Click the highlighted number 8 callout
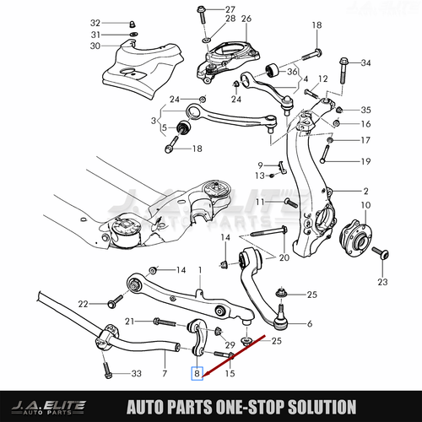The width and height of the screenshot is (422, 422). point(197,372)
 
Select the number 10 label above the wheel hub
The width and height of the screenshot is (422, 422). point(365,205)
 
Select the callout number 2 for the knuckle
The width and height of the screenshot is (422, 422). point(366,191)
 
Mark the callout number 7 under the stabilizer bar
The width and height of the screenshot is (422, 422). point(165,373)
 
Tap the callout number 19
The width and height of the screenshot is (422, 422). point(365,161)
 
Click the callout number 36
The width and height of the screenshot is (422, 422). point(292,72)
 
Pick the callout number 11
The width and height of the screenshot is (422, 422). point(262,203)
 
